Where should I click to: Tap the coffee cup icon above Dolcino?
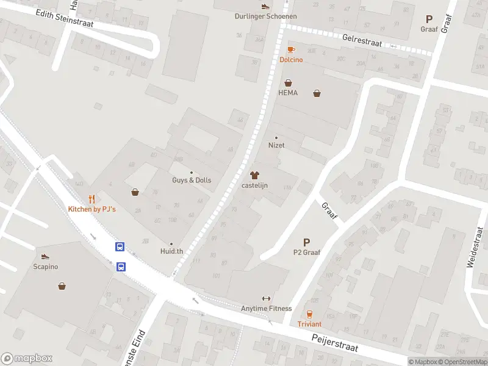(291, 50)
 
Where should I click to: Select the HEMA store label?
(288, 93)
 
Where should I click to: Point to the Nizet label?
(276, 145)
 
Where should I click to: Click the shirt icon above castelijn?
(255, 175)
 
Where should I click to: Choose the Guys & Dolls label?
(192, 181)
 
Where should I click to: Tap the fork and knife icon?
(91, 199)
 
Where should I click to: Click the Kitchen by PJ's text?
(91, 209)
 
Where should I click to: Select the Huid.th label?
(171, 251)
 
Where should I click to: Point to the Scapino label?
(45, 267)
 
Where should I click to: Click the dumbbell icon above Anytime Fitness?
(266, 298)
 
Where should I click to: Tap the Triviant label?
(309, 324)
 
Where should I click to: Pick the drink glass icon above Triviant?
(309, 314)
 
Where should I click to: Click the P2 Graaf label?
(306, 252)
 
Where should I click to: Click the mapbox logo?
(26, 359)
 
